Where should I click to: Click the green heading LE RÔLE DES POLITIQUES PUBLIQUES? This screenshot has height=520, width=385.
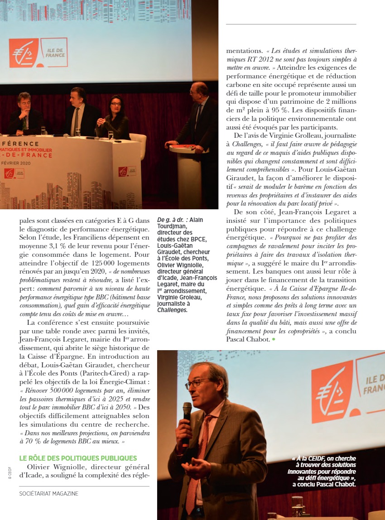click(x=78, y=458)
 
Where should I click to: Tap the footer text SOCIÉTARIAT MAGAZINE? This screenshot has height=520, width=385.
click(x=48, y=493)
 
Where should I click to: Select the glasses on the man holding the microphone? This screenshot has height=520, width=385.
click(x=198, y=383)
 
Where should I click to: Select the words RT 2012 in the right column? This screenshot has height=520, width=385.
click(x=262, y=60)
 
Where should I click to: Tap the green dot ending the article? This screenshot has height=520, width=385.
click(x=274, y=339)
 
